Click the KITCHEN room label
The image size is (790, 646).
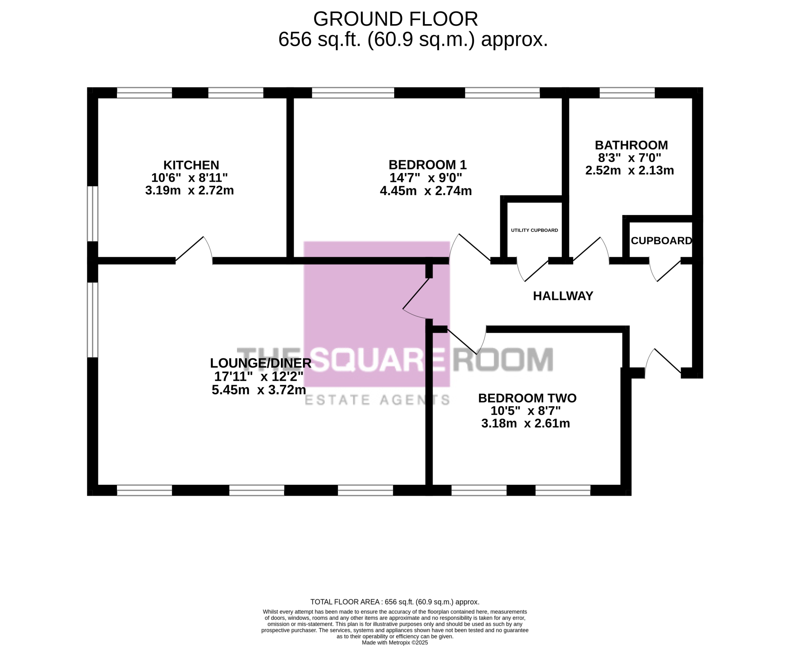(x=191, y=165)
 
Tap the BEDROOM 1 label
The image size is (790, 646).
(x=427, y=164)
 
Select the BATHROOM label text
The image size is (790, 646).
(x=631, y=145)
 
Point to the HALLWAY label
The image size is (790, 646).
(x=563, y=296)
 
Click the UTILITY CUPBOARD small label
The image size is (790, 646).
(x=534, y=230)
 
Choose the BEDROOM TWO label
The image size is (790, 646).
(x=527, y=398)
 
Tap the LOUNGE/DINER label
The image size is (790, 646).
(x=261, y=363)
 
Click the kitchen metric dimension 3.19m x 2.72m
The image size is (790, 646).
(x=190, y=190)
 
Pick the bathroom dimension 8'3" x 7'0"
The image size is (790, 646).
(x=630, y=158)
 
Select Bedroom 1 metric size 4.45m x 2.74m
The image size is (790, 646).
(x=426, y=191)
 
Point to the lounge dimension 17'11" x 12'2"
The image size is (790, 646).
(x=259, y=376)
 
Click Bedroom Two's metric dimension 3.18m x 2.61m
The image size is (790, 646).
(x=525, y=424)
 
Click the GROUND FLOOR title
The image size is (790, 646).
(x=395, y=19)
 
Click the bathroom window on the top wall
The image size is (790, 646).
(x=627, y=93)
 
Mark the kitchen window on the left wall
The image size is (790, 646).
(x=92, y=213)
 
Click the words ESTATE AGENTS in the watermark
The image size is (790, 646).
(x=377, y=400)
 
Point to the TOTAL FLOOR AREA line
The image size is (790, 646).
(x=395, y=602)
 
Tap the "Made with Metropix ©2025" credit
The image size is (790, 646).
(x=395, y=642)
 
